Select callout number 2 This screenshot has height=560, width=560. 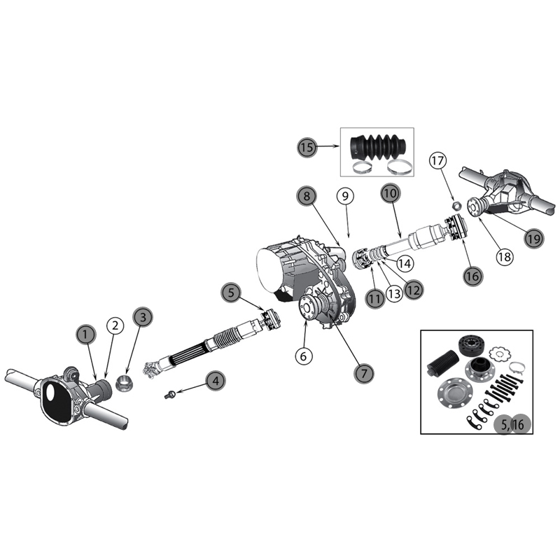coord(114,325)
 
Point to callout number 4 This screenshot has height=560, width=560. coord(216,381)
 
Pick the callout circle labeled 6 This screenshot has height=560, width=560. coord(302,356)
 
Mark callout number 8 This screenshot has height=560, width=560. coord(305,197)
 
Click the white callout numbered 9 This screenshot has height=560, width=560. coord(344,197)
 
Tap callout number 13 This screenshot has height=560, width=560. coord(394,297)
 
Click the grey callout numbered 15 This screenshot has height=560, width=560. coord(306,147)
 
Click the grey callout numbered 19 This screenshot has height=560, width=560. coord(534,237)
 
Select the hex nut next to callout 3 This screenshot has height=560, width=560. coord(126,384)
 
